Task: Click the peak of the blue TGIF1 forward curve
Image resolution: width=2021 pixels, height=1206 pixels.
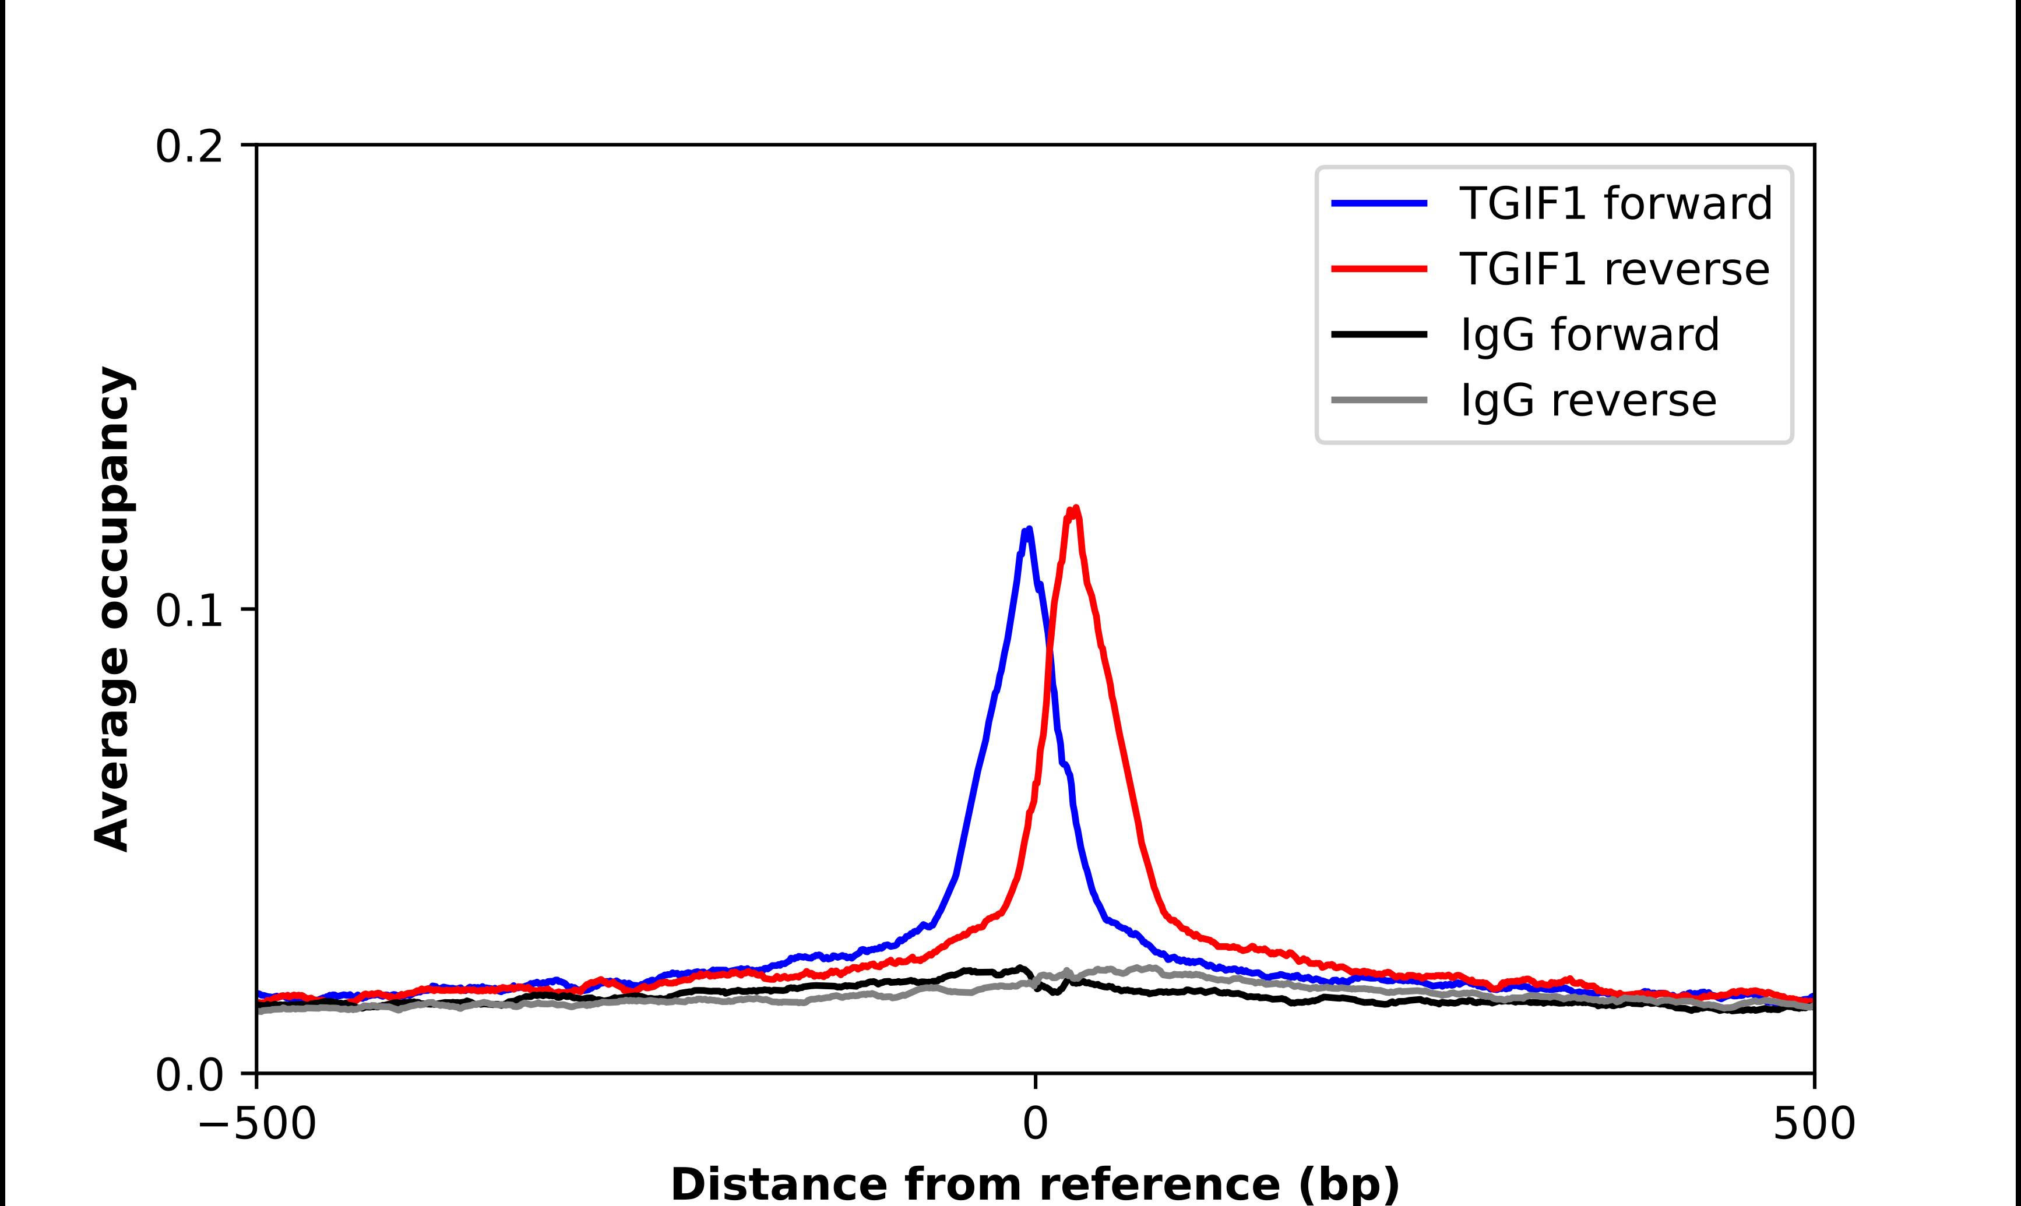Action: (1029, 530)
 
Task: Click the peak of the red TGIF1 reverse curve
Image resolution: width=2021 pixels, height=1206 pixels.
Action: (1076, 509)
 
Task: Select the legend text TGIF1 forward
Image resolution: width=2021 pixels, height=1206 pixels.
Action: (1615, 203)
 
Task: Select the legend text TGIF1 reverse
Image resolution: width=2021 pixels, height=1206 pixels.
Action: (1614, 269)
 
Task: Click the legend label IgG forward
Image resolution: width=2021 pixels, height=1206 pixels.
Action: (1590, 335)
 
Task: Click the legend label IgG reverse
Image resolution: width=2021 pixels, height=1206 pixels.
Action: (1588, 401)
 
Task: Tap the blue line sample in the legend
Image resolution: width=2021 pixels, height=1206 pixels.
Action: (1379, 203)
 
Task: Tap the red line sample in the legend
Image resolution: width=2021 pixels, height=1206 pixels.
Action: (1379, 269)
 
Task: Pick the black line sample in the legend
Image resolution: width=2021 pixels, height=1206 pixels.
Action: (1379, 334)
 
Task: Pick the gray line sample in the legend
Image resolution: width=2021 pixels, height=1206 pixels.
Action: (1379, 400)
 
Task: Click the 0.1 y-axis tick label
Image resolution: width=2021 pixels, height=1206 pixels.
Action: (189, 611)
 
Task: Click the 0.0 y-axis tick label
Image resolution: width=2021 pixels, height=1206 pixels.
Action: (189, 1075)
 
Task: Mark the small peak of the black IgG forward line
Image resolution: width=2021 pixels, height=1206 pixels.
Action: (1022, 968)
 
